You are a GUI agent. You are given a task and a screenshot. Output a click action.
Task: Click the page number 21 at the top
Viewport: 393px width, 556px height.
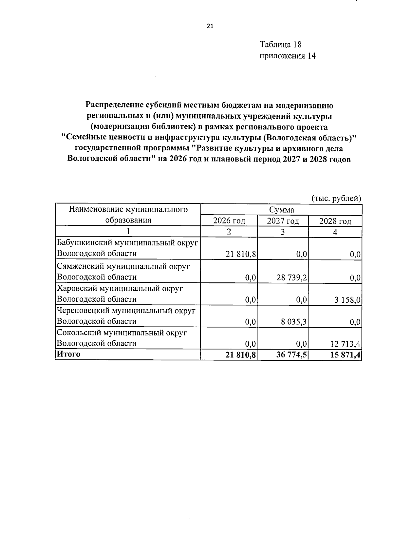click(x=210, y=27)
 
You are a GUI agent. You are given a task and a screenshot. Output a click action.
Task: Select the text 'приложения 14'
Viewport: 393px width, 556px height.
click(x=288, y=56)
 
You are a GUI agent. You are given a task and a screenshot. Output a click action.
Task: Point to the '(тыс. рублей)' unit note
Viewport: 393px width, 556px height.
click(x=336, y=198)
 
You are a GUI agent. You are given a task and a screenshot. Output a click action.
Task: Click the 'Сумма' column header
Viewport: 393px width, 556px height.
click(x=281, y=210)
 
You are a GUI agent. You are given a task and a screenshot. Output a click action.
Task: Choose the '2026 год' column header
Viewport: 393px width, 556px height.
click(x=229, y=221)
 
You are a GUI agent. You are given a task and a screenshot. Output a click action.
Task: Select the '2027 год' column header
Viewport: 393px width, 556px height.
click(x=283, y=221)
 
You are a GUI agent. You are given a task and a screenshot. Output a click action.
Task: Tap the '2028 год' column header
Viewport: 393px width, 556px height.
click(x=335, y=221)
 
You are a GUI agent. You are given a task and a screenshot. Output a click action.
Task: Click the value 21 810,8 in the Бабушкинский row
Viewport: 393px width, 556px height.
click(x=241, y=254)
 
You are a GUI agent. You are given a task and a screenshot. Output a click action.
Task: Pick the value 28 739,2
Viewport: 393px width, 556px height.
click(x=291, y=278)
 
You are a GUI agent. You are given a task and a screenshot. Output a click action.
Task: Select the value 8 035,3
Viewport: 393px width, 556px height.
click(x=294, y=322)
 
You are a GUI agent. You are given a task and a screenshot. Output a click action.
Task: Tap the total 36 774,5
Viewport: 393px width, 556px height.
click(x=291, y=355)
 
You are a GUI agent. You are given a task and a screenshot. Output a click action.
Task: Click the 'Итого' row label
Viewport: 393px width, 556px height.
click(x=68, y=354)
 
